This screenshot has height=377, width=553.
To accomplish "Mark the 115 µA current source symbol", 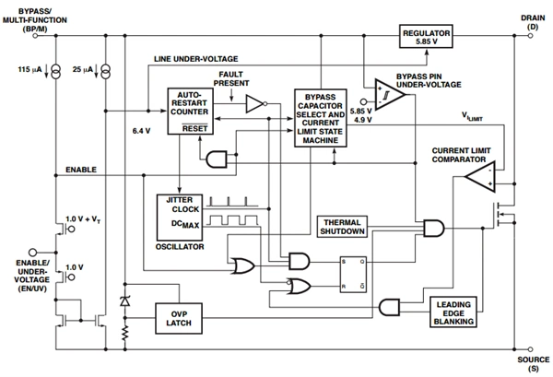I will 57,70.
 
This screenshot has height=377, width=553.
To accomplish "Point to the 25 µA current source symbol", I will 107,70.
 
